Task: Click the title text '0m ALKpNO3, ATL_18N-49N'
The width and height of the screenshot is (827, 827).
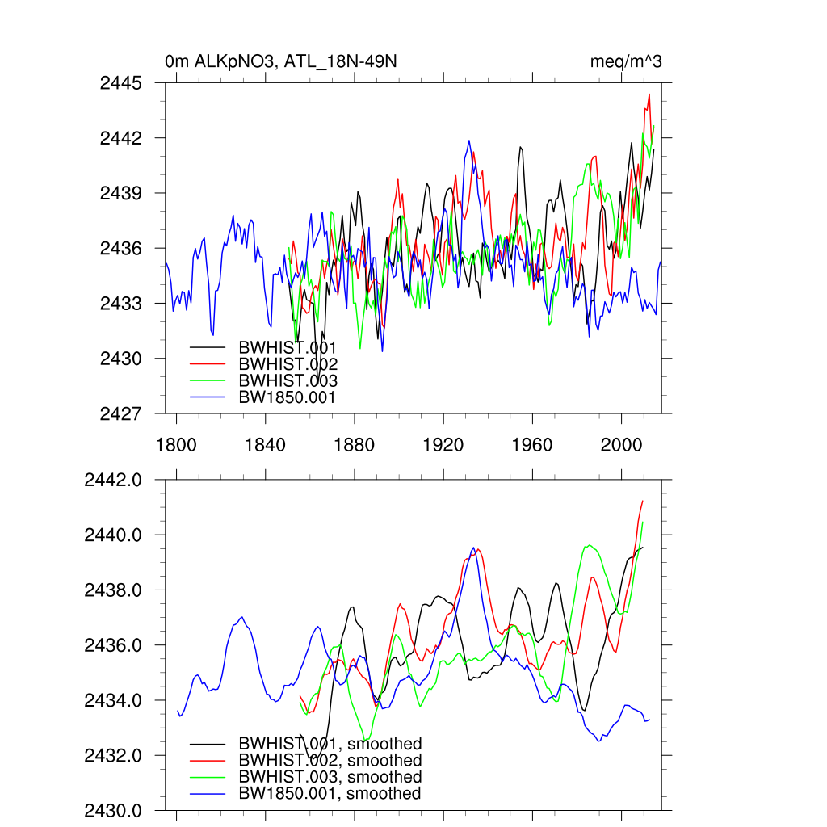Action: coord(280,61)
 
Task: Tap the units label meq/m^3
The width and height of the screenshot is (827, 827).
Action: coord(626,61)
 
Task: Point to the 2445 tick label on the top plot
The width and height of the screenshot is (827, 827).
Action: coord(120,83)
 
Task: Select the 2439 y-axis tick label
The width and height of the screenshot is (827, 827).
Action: coord(120,193)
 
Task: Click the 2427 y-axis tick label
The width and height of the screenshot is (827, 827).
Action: coord(120,413)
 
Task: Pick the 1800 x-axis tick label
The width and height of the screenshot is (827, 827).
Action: coord(176,445)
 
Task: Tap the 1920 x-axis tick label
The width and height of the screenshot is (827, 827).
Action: coord(443,445)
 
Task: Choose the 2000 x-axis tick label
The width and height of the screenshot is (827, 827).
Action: coord(622,445)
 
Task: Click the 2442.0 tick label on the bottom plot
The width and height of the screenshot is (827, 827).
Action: coord(113,480)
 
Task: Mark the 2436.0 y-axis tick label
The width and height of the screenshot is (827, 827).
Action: coord(113,645)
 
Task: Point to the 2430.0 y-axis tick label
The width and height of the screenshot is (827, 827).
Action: coord(113,810)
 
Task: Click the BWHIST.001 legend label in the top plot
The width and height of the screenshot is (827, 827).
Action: coord(288,347)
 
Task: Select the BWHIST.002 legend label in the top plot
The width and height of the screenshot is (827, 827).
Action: coord(288,364)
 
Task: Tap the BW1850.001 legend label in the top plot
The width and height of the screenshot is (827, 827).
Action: coord(287,397)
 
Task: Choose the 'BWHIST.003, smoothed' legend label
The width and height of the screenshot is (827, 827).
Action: coord(330,777)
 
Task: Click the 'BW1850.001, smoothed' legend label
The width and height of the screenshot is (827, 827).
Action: coord(330,794)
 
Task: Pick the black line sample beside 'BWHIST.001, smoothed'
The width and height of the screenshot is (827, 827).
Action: coord(208,744)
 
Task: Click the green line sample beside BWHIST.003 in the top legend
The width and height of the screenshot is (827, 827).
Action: coord(208,380)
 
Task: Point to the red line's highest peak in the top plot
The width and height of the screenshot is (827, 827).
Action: coord(649,94)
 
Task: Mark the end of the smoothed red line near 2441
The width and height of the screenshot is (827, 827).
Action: coord(643,501)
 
